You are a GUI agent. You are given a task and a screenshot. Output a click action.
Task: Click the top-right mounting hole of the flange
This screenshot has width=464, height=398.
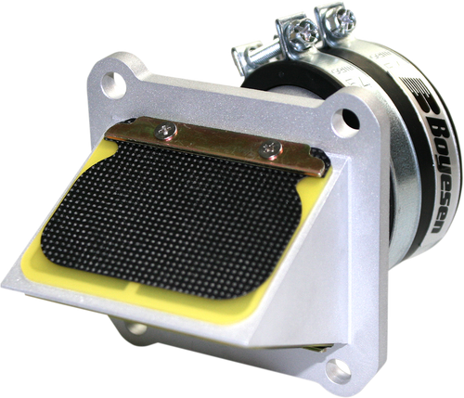tap(346, 120)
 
